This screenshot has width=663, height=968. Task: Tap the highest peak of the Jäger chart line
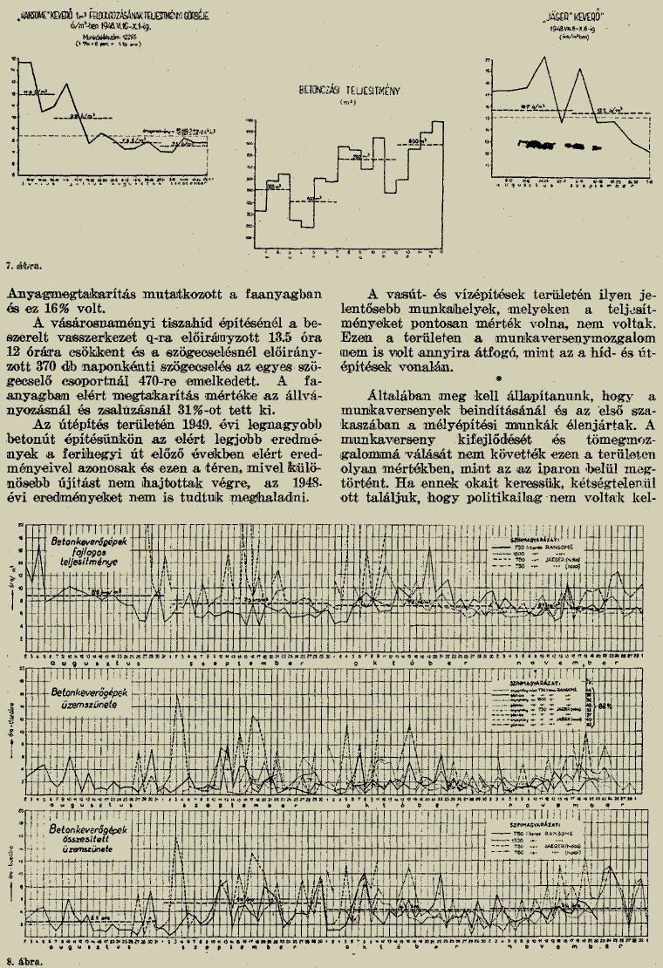click(x=546, y=58)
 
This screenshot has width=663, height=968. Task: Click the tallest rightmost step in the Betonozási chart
click(x=438, y=126)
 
